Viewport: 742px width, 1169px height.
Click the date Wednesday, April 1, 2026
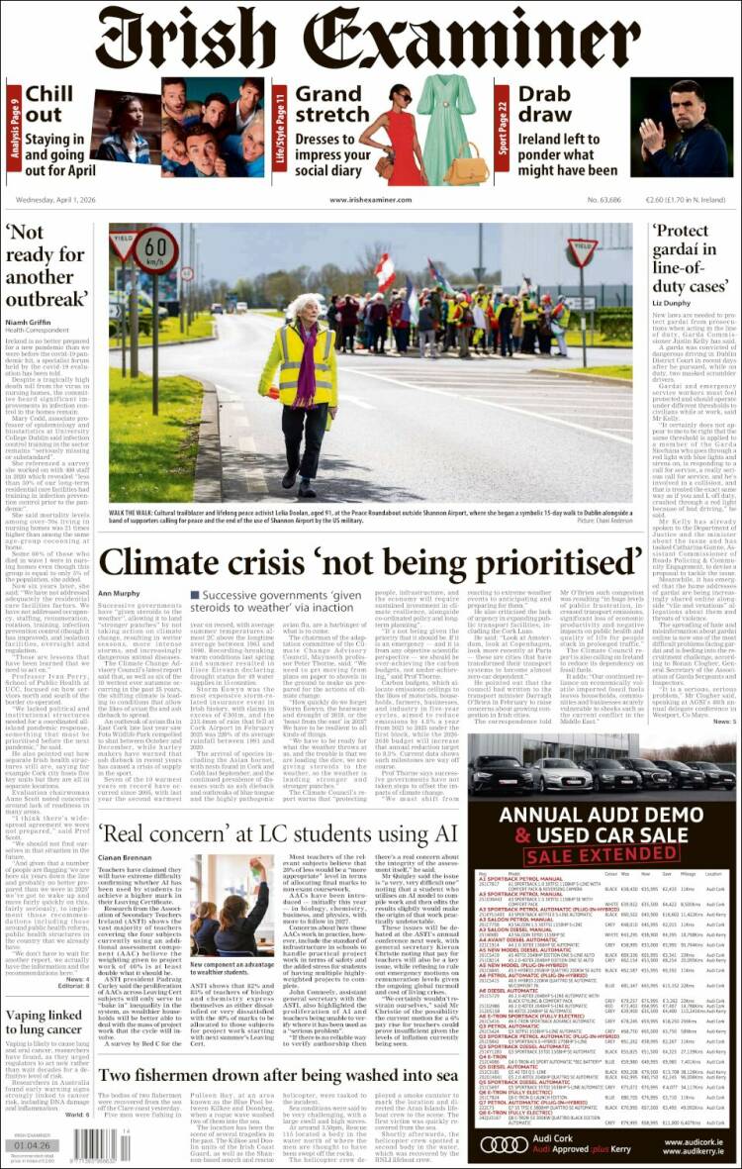61,199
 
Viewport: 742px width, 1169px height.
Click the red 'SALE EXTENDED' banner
602,852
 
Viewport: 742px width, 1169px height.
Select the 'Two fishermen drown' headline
278,1076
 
